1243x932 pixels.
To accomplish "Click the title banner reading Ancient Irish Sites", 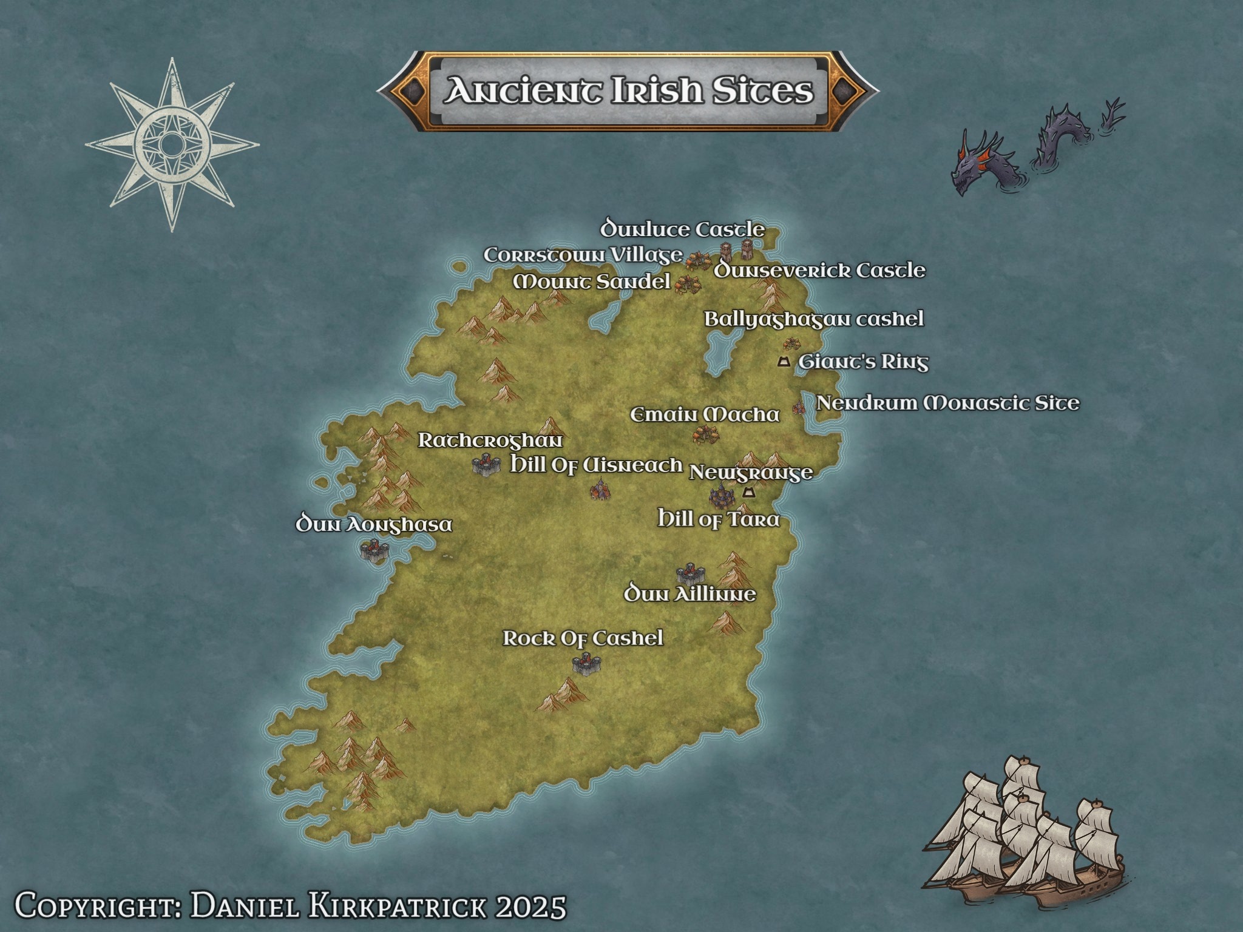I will tap(628, 91).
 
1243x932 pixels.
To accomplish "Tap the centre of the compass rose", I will tap(172, 145).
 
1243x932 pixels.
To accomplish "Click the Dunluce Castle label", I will tap(682, 229).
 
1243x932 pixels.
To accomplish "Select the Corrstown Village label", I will tap(583, 255).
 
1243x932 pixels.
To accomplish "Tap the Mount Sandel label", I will tap(592, 282).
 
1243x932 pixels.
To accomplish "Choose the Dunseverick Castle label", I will tap(819, 271).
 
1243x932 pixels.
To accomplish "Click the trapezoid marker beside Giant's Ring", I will tap(784, 362).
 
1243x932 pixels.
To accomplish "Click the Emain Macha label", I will tap(704, 415).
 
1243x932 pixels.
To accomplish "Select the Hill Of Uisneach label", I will tap(596, 465).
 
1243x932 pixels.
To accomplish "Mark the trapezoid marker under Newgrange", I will tap(748, 492).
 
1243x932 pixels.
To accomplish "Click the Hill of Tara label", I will tap(719, 519).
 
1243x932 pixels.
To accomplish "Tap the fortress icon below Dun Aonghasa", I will tap(374, 550).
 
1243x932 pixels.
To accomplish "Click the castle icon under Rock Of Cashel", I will tap(586, 665).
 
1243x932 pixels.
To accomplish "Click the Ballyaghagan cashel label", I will tap(813, 319).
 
